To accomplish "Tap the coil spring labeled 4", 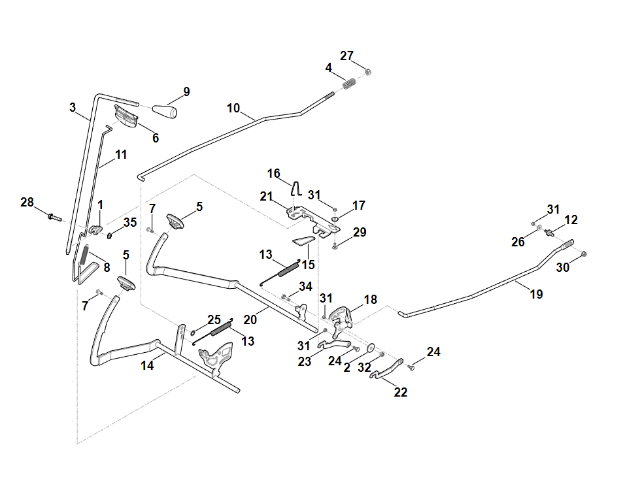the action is click(349, 84).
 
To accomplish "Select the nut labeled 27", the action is click(368, 72).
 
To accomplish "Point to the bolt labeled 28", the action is click(54, 217).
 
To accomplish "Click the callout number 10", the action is click(233, 108).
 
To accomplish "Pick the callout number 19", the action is click(537, 294).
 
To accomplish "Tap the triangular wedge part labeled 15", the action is click(304, 240).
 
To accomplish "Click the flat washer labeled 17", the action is click(335, 220).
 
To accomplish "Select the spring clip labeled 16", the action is click(295, 188).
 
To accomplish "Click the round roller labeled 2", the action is click(371, 348).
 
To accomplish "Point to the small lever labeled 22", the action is click(386, 369).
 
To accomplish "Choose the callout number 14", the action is click(147, 365).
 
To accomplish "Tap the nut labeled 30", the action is click(584, 254).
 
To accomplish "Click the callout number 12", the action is click(571, 220).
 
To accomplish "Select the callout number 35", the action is click(130, 222).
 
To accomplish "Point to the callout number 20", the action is click(250, 320).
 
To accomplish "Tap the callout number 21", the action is click(266, 196).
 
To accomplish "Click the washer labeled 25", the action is click(193, 333).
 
